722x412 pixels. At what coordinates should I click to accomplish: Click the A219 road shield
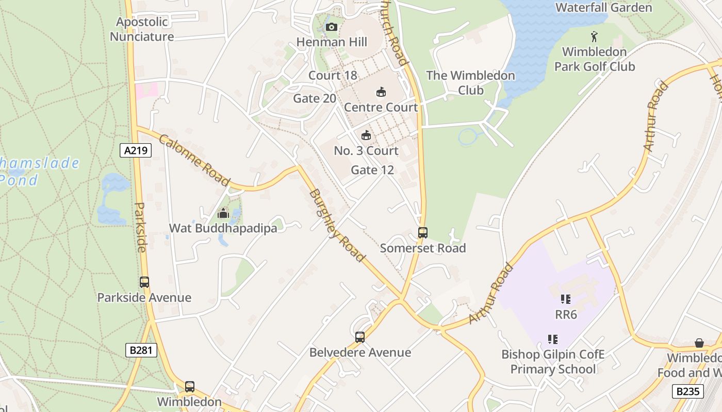click(x=136, y=150)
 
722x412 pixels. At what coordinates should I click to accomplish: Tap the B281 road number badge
click(x=141, y=350)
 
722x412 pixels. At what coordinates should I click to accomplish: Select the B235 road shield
click(x=688, y=391)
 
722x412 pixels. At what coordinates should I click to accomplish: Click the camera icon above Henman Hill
click(x=331, y=27)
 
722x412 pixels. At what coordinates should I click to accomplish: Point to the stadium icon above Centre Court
click(x=381, y=92)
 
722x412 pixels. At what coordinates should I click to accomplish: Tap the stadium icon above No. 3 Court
click(x=366, y=135)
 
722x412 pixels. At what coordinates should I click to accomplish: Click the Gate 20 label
click(x=315, y=98)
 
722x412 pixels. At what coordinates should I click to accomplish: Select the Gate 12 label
click(x=372, y=170)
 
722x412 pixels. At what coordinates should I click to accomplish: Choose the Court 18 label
click(x=333, y=75)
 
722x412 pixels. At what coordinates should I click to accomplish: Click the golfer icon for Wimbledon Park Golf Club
click(x=594, y=37)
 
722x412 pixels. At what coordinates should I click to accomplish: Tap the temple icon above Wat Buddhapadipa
click(x=223, y=213)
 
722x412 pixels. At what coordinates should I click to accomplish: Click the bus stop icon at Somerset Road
click(x=422, y=233)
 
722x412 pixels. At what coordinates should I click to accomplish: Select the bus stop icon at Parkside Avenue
click(x=144, y=282)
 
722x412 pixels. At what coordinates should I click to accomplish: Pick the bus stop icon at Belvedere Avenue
click(x=360, y=337)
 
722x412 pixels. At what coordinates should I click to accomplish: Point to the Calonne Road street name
click(x=194, y=160)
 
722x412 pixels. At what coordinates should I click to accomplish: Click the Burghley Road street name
click(x=337, y=226)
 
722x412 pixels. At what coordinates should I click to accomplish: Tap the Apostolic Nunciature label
click(x=142, y=29)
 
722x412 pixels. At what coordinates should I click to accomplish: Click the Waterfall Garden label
click(x=603, y=7)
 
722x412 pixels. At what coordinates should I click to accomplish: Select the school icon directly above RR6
click(x=565, y=299)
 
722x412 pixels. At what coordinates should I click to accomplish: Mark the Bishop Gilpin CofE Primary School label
click(x=552, y=362)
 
